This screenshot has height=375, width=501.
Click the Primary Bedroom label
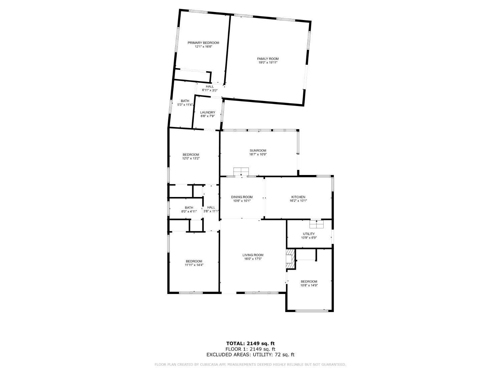[x=203, y=43]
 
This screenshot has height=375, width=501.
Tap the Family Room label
[x=268, y=59]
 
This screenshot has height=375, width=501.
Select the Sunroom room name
[x=258, y=150]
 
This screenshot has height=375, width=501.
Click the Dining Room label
[x=242, y=197]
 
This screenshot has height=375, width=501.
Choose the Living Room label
[x=253, y=255]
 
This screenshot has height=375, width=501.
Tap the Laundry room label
[x=207, y=112]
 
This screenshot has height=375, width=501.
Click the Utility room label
[x=309, y=234]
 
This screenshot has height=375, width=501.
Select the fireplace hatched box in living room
[x=290, y=259]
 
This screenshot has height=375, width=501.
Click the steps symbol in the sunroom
[x=241, y=171]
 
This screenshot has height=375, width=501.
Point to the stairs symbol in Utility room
[x=316, y=224]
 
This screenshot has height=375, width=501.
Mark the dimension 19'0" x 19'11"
[x=268, y=63]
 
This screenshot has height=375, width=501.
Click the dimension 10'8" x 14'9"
[x=309, y=285]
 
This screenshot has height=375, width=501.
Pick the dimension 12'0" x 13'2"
[x=191, y=159]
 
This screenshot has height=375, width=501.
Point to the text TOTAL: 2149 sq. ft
[x=250, y=343]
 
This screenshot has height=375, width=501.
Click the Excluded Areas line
[x=250, y=355]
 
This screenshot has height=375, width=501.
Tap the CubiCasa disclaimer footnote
[x=250, y=365]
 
